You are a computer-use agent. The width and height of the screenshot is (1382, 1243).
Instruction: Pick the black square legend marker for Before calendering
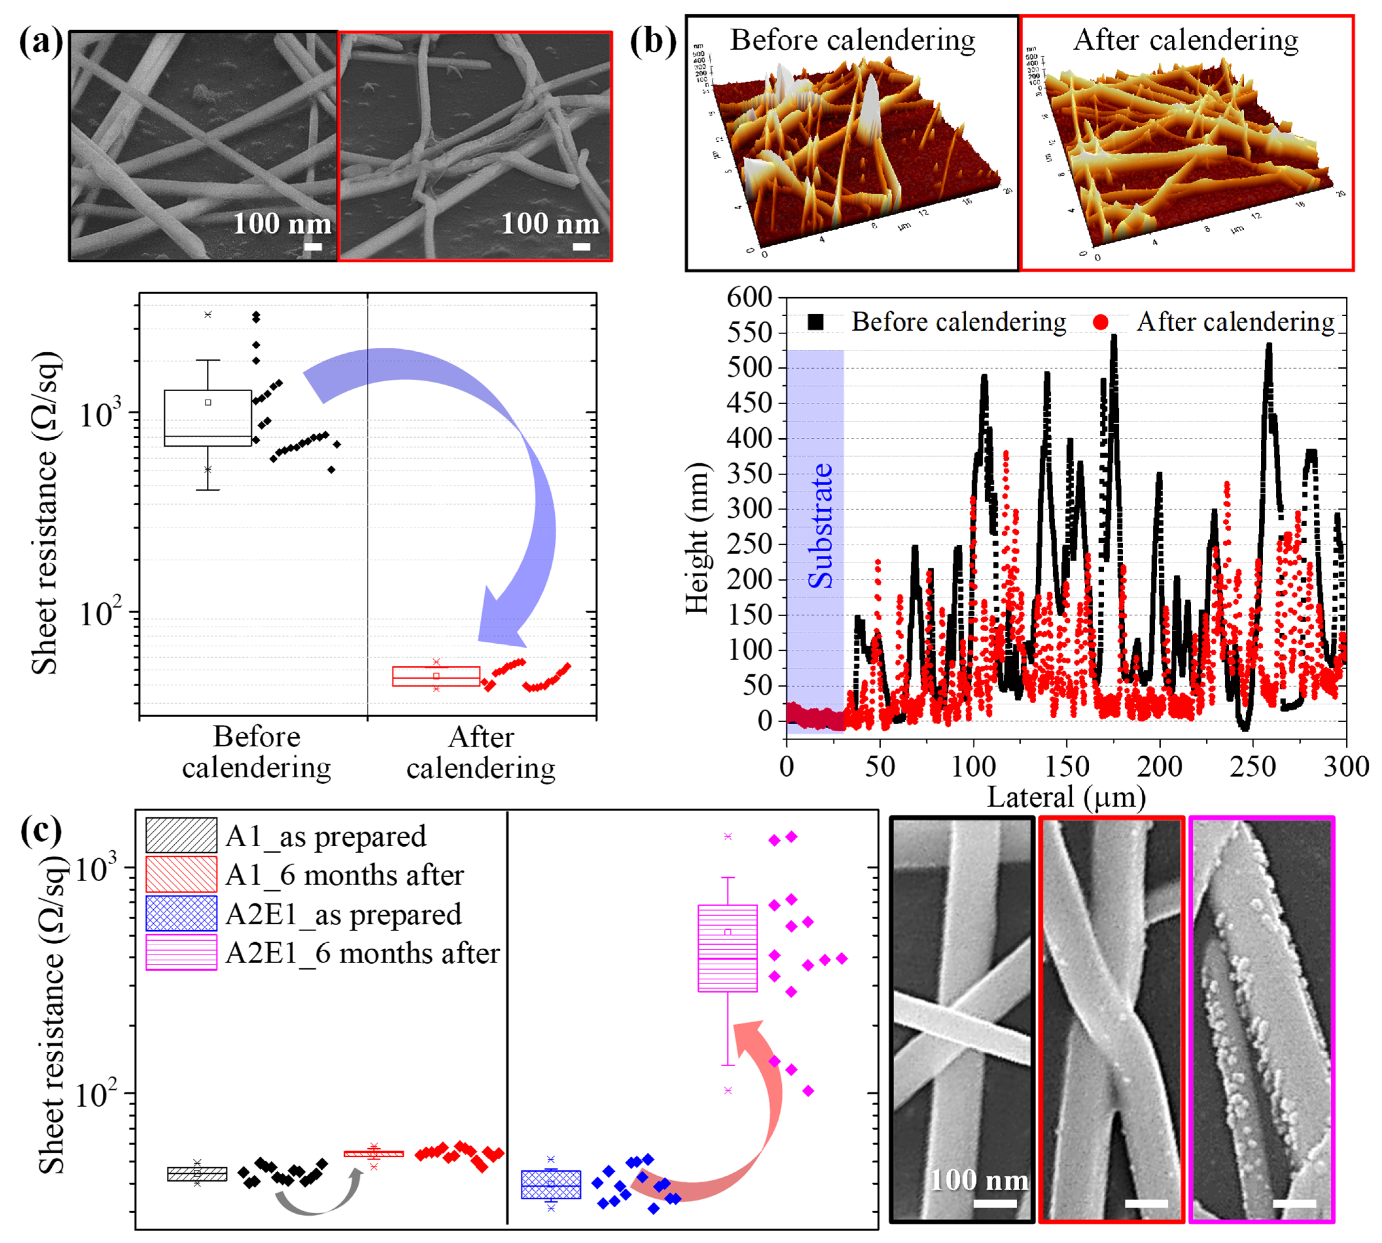click(815, 322)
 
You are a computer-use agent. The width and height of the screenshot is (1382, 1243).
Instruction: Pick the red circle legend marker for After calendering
click(1100, 322)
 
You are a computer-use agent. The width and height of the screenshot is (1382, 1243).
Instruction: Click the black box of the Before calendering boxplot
click(208, 418)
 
